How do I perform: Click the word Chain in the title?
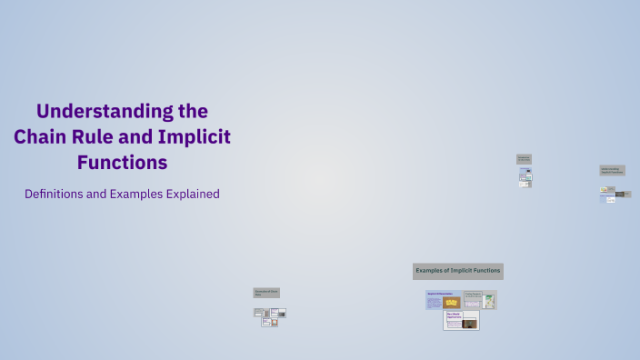41,137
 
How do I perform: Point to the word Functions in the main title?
121,163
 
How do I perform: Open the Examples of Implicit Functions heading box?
457,271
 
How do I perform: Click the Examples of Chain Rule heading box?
266,293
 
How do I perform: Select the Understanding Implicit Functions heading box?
613,170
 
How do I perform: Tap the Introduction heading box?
524,158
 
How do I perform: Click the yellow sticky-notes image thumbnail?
451,301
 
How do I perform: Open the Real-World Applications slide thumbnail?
461,320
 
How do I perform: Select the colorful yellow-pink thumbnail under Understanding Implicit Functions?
604,191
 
